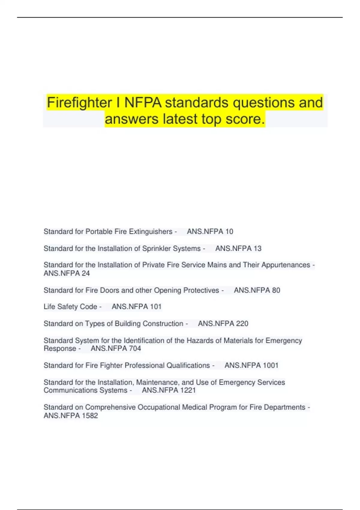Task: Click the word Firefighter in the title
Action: click(x=79, y=103)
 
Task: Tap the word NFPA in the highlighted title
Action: click(x=142, y=103)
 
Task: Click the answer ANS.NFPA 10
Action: click(x=210, y=232)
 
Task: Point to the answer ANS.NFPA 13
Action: click(x=238, y=248)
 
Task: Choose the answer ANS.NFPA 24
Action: click(x=67, y=273)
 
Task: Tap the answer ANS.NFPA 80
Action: click(x=257, y=290)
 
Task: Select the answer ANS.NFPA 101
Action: click(x=136, y=307)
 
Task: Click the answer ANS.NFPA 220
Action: click(x=223, y=323)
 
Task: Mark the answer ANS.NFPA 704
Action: click(x=116, y=348)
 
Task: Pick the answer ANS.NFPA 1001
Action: click(x=251, y=365)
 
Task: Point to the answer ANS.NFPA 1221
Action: click(x=169, y=390)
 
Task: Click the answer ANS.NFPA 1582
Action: click(x=71, y=415)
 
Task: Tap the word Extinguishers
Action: click(x=151, y=232)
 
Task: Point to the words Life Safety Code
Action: click(x=70, y=307)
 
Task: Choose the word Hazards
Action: click(x=199, y=340)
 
